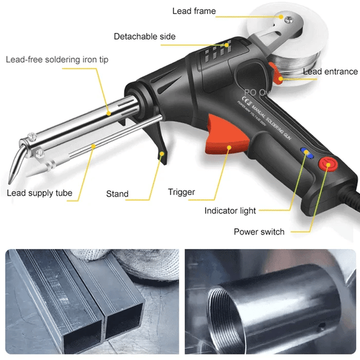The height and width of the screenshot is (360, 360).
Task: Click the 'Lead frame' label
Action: click(x=194, y=11)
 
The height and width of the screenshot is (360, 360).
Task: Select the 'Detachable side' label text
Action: click(x=145, y=37)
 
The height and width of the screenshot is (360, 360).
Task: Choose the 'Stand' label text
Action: click(x=117, y=194)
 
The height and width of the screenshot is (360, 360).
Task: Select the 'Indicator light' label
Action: click(x=230, y=211)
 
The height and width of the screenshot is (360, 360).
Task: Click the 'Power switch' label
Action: click(x=259, y=232)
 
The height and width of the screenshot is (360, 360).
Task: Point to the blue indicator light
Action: click(x=307, y=154)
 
